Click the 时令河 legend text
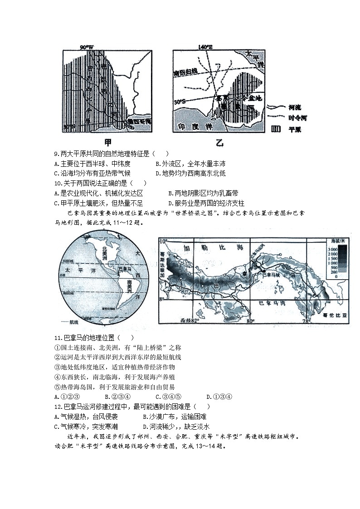point(297,118)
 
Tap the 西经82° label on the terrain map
point(190,320)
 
